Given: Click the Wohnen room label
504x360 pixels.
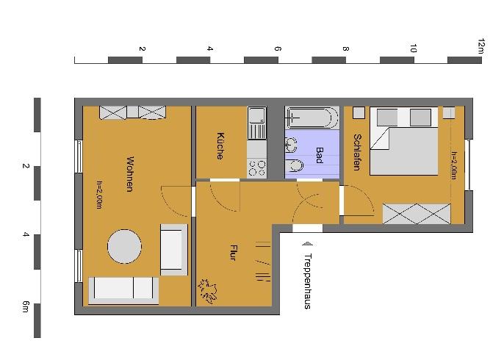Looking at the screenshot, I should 129,174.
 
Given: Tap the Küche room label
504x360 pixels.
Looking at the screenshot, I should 220,145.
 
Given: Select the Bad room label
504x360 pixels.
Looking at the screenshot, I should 320,155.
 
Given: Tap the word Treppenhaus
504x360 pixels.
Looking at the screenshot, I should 307,281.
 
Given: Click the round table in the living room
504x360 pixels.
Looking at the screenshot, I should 124,248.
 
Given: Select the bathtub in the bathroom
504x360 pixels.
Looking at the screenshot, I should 312,118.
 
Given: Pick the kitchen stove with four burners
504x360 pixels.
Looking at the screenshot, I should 257,168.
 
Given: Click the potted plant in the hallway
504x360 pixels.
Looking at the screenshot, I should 209,291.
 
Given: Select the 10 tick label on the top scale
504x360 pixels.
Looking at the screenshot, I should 414,49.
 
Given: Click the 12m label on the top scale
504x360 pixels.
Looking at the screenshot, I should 481,46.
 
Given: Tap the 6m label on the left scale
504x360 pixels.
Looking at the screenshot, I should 26,306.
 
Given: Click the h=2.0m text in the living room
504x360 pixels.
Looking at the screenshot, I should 99,195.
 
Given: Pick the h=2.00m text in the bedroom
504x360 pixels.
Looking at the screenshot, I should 454,166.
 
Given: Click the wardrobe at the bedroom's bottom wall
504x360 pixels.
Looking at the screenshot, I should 416,214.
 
